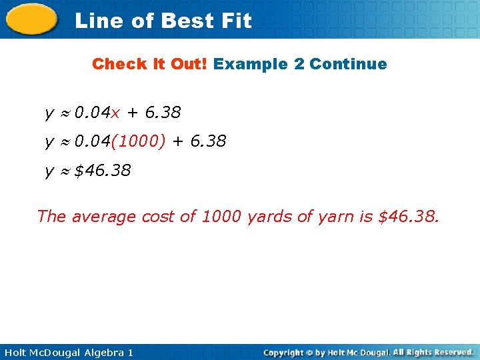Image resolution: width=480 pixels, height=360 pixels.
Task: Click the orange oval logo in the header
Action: (32, 19)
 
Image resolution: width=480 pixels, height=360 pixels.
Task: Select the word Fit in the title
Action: (237, 21)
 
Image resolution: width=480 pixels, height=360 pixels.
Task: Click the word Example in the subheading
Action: (251, 64)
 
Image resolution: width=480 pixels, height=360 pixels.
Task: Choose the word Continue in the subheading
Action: (348, 64)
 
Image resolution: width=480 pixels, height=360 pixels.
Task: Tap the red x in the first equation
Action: (115, 113)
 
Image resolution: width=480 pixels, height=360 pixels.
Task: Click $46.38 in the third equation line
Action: (103, 171)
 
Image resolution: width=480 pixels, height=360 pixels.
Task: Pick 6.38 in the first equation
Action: (163, 113)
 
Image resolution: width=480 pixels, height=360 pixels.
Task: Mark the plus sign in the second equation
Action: (177, 141)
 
